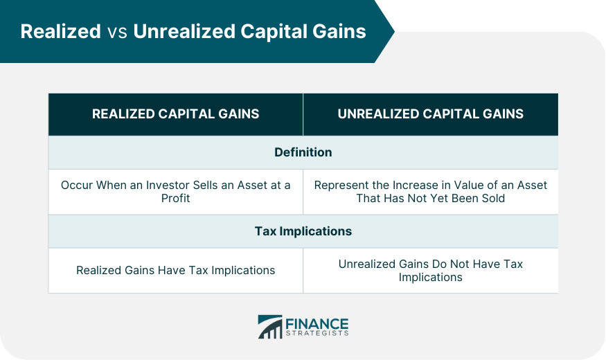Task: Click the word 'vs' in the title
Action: [x=117, y=33]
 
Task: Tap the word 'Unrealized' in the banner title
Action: [x=184, y=31]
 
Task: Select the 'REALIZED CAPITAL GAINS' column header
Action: [x=175, y=114]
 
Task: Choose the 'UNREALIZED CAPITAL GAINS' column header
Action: [x=431, y=114]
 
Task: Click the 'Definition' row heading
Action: [x=303, y=152]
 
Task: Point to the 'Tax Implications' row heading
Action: [x=303, y=231]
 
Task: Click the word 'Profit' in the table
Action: [x=175, y=198]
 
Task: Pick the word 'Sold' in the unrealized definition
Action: [x=492, y=198]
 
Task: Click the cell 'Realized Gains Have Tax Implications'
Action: [x=175, y=270]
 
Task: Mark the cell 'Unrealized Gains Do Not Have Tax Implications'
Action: [x=431, y=271]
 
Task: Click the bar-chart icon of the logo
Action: [x=270, y=327]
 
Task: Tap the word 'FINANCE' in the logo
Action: [x=317, y=324]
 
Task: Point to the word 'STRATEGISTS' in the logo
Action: [x=317, y=334]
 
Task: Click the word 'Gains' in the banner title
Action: [x=339, y=31]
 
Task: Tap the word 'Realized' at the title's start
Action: [x=61, y=31]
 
